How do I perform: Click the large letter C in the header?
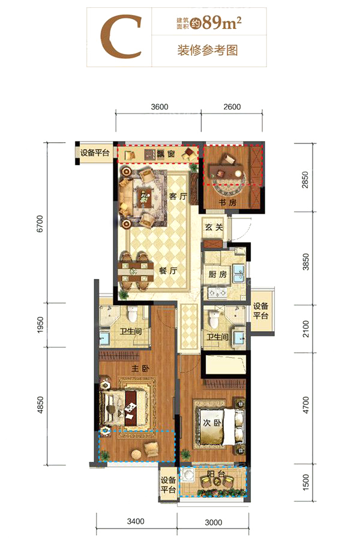(120, 37)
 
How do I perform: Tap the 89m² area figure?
(222, 23)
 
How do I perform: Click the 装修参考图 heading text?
(208, 50)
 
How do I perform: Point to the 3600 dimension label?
(160, 107)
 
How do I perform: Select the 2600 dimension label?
(232, 107)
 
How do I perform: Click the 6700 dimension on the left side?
(40, 224)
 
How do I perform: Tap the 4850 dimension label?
(40, 405)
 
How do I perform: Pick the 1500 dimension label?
(305, 482)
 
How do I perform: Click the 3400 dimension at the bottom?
(136, 521)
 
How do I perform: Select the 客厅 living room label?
(178, 196)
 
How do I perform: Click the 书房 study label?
(228, 203)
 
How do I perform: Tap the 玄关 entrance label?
(214, 227)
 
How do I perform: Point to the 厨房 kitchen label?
(218, 274)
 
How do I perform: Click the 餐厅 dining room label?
(168, 271)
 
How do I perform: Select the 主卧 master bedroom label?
(140, 368)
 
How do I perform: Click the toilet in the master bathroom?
(132, 314)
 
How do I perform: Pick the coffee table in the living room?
(143, 197)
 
